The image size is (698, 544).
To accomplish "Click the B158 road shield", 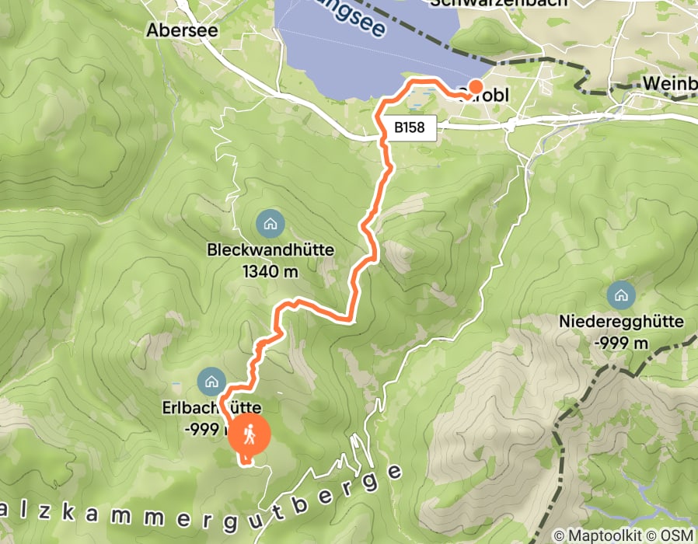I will pos(410,127).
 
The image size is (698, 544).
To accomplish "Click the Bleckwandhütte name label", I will pos(270,251).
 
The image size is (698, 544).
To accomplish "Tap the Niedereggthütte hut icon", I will pos(620,295).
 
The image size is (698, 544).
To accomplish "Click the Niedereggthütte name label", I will pos(620,321).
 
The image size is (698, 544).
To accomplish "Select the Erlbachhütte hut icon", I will pos(211,381).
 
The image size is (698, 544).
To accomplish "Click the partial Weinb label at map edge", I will pos(670,84).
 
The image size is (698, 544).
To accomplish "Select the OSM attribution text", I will pos(676,535).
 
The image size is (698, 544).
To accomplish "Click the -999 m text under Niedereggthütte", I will pos(620,343).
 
